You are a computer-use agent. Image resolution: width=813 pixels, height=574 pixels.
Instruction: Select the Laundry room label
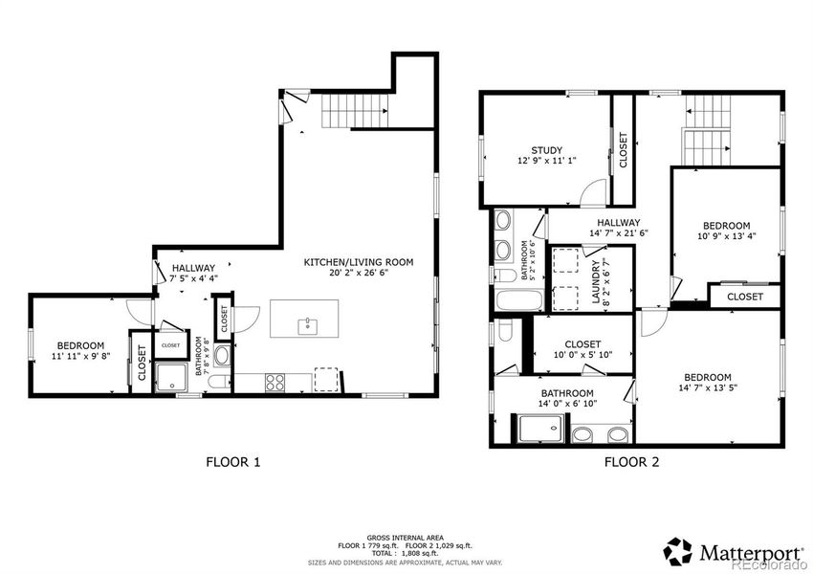[x=594, y=282]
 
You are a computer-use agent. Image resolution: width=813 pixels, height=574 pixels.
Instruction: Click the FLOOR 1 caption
[x=233, y=462]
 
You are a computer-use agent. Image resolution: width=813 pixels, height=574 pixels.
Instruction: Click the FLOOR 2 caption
[x=631, y=462]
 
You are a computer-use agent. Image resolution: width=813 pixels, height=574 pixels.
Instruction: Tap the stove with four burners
[x=275, y=382]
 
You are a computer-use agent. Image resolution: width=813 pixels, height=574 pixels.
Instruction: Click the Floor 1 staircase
[x=345, y=113]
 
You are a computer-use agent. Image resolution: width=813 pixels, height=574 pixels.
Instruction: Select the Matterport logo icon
[x=679, y=550]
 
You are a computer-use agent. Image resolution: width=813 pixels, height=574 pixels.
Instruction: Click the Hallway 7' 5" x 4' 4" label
[x=193, y=274]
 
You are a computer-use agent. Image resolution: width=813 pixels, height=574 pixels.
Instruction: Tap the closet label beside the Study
[x=624, y=150]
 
